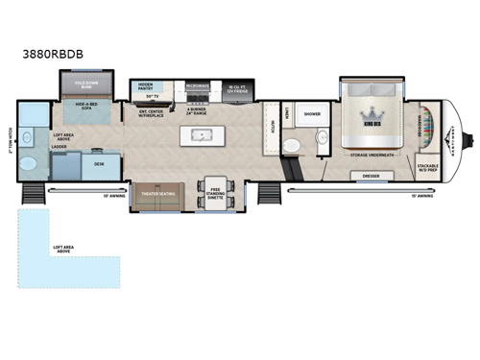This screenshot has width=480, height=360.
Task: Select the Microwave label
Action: click(198, 85)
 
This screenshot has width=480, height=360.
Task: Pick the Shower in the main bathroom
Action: click(312, 113)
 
